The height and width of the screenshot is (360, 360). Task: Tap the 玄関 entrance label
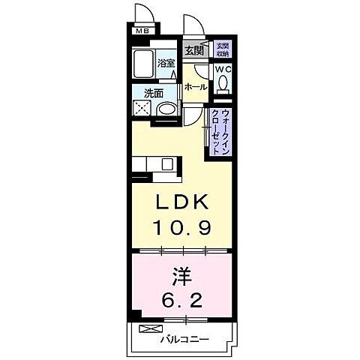coord(193,50)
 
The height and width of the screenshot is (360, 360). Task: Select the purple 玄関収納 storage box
coord(223,50)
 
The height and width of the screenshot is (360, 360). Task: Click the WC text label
coord(223,69)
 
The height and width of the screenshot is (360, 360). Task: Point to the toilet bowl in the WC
coord(223,85)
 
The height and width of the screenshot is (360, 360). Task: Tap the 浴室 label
coord(166,63)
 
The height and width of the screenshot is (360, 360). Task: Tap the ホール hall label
coord(196,88)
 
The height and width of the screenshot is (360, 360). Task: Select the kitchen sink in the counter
coord(166,163)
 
